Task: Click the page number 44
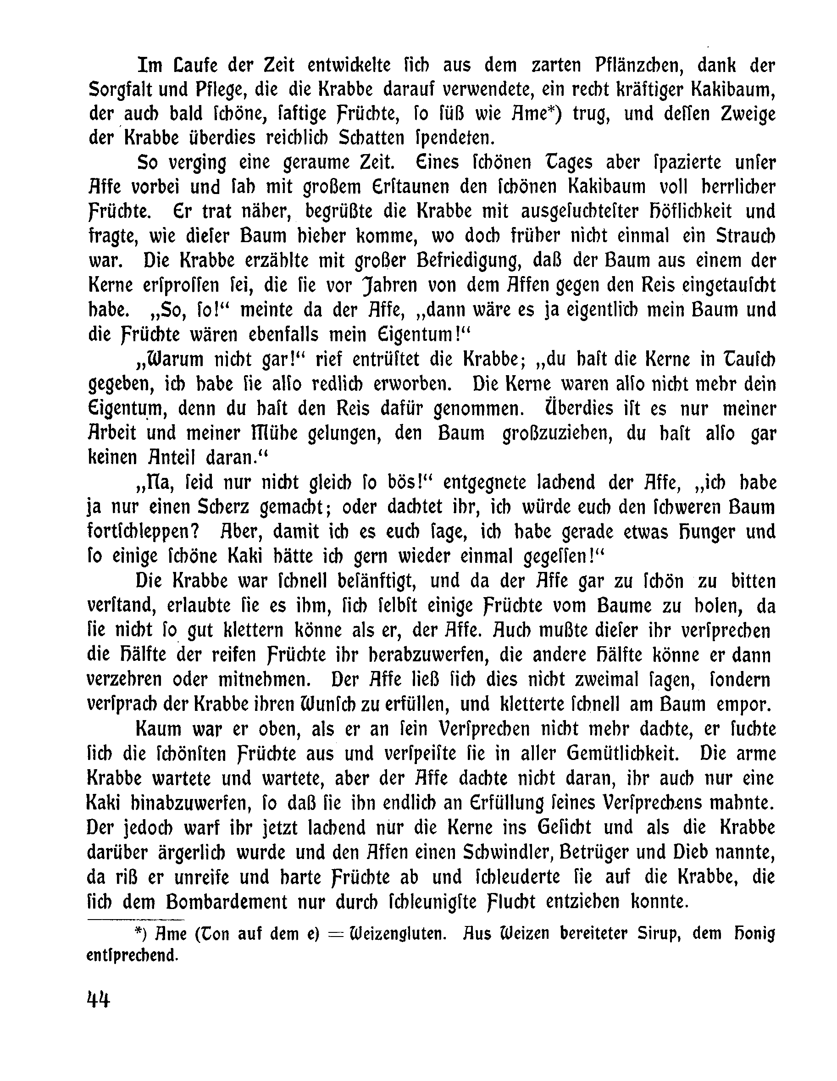pyautogui.click(x=98, y=998)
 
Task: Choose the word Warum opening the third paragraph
pyautogui.click(x=169, y=360)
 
